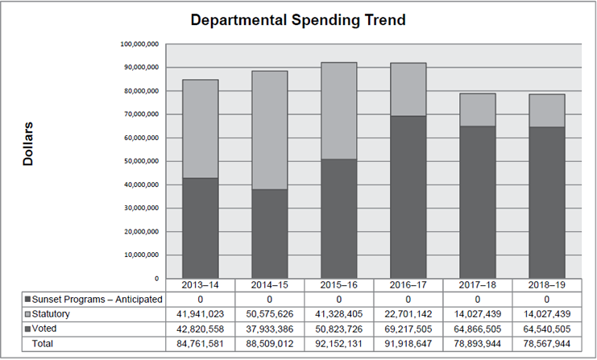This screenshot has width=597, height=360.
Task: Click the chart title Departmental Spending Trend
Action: click(x=298, y=19)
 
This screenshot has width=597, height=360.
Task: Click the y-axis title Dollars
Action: click(x=28, y=145)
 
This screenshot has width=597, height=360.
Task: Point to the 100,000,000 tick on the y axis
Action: click(x=139, y=43)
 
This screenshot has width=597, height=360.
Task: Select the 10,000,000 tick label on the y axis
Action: click(x=140, y=255)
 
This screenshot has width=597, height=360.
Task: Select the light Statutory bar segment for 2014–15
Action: click(x=270, y=130)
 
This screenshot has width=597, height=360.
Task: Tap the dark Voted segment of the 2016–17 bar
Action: click(x=408, y=197)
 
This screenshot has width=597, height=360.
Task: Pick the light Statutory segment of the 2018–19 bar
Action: click(x=546, y=110)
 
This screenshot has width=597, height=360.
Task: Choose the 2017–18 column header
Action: click(x=477, y=285)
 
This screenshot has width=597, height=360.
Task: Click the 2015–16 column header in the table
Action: click(x=338, y=285)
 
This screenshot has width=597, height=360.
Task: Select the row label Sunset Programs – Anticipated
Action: click(x=93, y=300)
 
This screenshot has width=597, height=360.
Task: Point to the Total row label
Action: click(x=44, y=344)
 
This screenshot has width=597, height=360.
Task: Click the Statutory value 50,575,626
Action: click(x=270, y=314)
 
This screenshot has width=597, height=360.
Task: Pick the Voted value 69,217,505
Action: click(x=408, y=329)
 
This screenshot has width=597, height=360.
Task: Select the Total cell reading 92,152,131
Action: click(x=338, y=344)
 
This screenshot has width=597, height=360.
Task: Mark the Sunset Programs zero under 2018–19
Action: click(x=546, y=300)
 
